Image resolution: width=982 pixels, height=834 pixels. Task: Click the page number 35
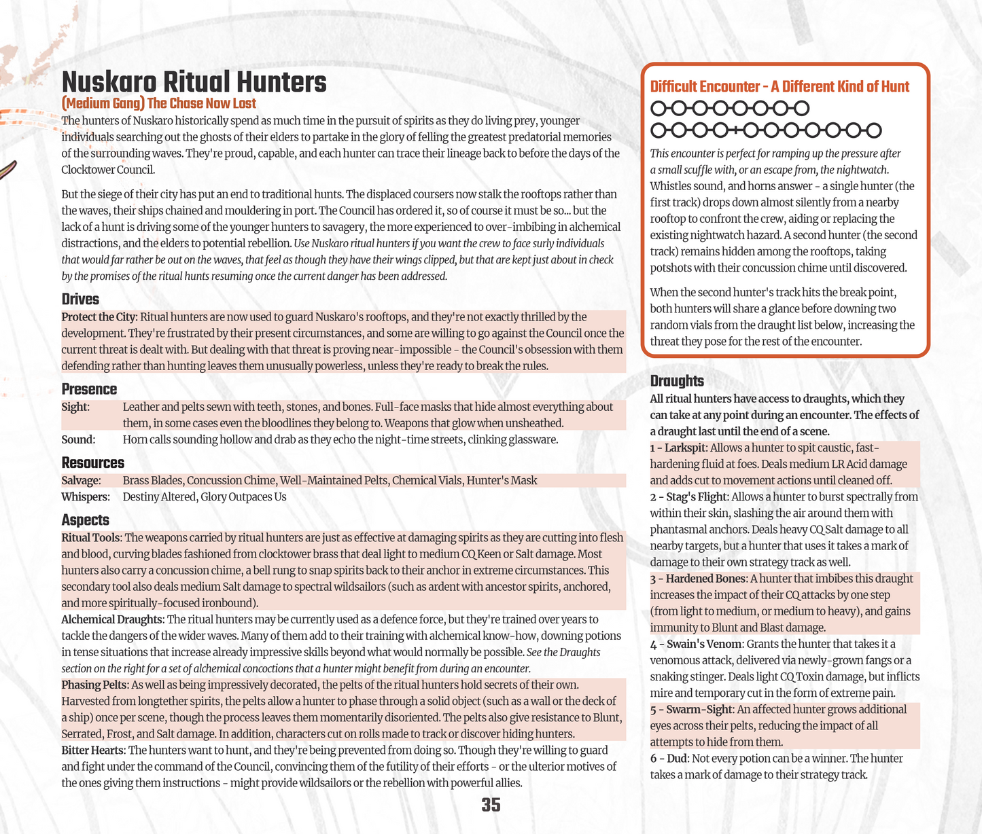pos(491,805)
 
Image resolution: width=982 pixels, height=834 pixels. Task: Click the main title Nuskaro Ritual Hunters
pos(194,83)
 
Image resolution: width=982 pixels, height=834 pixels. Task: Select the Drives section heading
pos(80,300)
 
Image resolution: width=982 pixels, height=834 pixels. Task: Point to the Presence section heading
pos(89,389)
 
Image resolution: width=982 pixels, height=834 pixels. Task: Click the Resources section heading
pos(92,463)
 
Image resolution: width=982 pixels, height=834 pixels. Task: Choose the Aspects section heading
pos(85,520)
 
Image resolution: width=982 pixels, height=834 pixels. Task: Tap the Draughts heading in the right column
pos(676,381)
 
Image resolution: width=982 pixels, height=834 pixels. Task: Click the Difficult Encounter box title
pos(779,86)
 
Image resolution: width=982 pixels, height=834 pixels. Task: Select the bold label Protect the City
pos(99,317)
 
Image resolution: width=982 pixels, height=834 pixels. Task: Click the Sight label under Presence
pos(75,407)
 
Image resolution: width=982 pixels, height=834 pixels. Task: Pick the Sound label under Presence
pos(77,439)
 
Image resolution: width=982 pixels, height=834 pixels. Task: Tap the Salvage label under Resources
pos(81,480)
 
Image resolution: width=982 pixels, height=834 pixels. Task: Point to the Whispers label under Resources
pos(85,496)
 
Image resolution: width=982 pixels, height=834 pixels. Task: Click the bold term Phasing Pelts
pos(93,685)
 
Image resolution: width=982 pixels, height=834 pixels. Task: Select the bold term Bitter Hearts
pos(92,750)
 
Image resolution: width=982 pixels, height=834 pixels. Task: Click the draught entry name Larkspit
pos(685,448)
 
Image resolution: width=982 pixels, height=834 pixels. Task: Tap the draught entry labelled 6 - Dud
pos(669,758)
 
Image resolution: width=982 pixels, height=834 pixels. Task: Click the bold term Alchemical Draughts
pos(112,619)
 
